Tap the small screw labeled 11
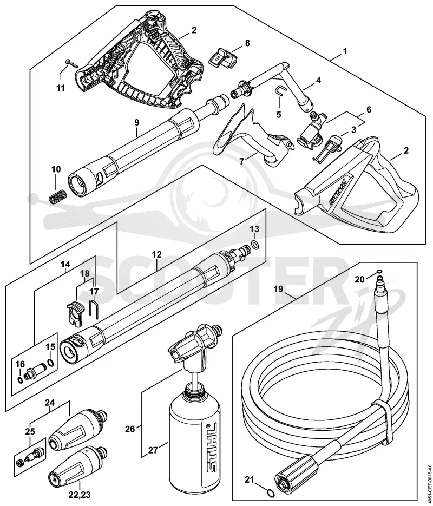coord(71,63)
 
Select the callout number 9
coord(136,122)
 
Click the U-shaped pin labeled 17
coord(94,309)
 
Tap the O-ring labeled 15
coord(51,363)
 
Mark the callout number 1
coord(345,51)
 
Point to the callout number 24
coord(50,403)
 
